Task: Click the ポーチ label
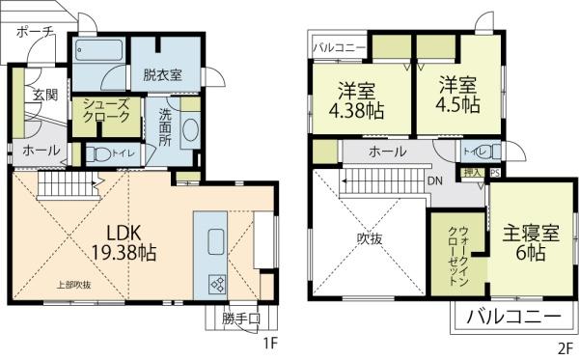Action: coord(35,32)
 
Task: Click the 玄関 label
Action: coord(45,95)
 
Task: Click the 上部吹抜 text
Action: coord(72,285)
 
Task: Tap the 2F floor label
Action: coord(565,345)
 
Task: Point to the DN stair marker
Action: coord(434,180)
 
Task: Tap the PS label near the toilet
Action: coord(495,174)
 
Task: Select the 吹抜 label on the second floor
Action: coord(370,238)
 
